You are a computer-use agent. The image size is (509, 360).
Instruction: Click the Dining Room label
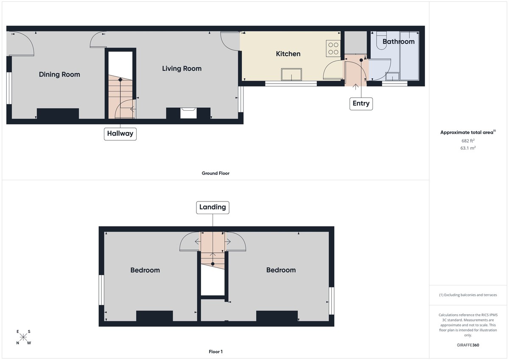59,74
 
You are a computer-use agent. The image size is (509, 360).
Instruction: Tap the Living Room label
182,68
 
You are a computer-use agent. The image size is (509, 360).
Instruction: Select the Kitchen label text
288,54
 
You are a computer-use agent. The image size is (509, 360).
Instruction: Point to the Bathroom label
398,42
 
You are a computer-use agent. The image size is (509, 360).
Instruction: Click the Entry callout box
361,103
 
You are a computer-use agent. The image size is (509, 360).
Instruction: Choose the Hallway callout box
120,134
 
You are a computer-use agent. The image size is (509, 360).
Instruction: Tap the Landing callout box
213,207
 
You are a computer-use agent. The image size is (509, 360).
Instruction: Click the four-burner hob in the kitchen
333,48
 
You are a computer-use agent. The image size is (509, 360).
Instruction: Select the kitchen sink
292,75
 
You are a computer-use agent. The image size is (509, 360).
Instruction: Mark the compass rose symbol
24,338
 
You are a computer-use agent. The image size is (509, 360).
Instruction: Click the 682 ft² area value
468,141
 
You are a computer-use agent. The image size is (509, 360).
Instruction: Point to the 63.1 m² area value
468,148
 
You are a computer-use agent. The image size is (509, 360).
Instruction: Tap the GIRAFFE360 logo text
468,345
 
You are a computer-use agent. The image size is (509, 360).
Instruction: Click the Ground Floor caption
215,173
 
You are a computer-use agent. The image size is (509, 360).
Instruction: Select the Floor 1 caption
215,352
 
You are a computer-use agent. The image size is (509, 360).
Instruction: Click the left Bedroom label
145,270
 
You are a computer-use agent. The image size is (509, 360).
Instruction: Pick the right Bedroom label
281,270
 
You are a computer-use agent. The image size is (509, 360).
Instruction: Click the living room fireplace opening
188,113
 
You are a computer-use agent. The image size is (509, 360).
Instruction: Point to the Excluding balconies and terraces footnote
468,295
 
